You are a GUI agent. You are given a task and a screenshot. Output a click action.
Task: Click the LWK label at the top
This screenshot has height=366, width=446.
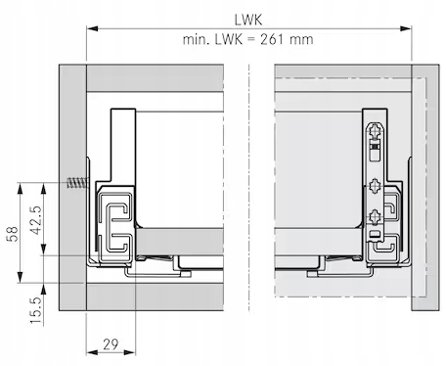248,20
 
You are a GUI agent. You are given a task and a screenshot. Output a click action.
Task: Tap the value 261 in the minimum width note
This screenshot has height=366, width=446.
272,39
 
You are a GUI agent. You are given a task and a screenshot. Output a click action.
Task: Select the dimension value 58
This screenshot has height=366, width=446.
13,234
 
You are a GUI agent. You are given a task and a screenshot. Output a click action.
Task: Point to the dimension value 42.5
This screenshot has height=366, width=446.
36,220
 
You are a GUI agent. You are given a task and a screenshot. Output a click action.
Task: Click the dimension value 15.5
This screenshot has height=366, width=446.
36,310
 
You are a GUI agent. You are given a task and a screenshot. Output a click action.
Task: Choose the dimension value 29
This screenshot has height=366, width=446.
111,344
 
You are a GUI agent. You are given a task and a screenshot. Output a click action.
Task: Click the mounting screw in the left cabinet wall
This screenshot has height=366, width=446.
78,183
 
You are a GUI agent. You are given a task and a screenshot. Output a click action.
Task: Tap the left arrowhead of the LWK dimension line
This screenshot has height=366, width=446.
92,28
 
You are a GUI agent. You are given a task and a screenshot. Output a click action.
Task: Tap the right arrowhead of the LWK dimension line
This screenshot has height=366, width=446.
406,28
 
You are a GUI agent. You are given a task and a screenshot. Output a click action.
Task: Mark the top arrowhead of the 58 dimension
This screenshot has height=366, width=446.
21,189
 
